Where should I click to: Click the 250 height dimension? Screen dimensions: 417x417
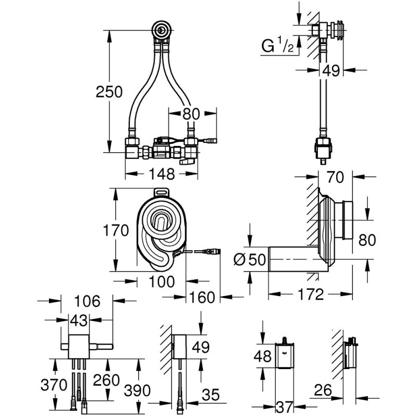pos(109,92)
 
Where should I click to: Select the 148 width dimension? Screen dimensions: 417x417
pos(162,174)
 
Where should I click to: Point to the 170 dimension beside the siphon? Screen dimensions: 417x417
pos(116,230)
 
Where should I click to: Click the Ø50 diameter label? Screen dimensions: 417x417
pos(250,259)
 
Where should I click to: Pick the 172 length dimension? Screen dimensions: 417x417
pos(311,294)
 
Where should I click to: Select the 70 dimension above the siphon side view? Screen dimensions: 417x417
pos(335,177)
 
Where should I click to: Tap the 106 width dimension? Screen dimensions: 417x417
pos(87,301)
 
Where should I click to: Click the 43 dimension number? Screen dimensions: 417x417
pos(79,320)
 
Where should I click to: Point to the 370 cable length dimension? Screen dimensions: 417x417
pos(54,385)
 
